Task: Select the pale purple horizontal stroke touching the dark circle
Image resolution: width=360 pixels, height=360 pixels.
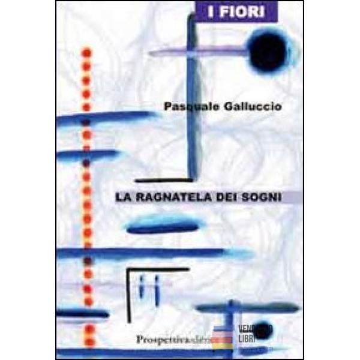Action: tap(198, 53)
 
